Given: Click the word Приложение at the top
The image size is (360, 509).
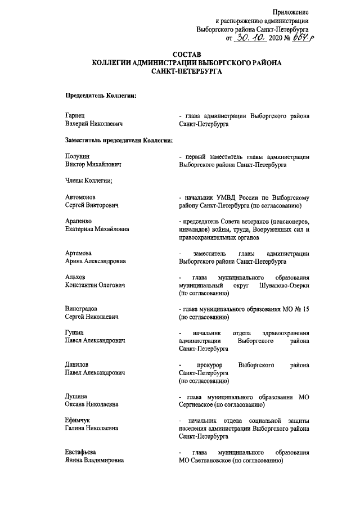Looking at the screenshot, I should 291,12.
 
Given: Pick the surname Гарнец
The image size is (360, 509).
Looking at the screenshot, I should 75,115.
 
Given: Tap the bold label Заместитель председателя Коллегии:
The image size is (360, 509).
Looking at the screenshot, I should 119,139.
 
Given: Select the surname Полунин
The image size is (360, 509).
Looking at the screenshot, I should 78,157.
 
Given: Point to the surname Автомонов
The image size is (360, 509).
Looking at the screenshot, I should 80,199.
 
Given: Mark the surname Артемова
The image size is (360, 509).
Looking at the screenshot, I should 79,254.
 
